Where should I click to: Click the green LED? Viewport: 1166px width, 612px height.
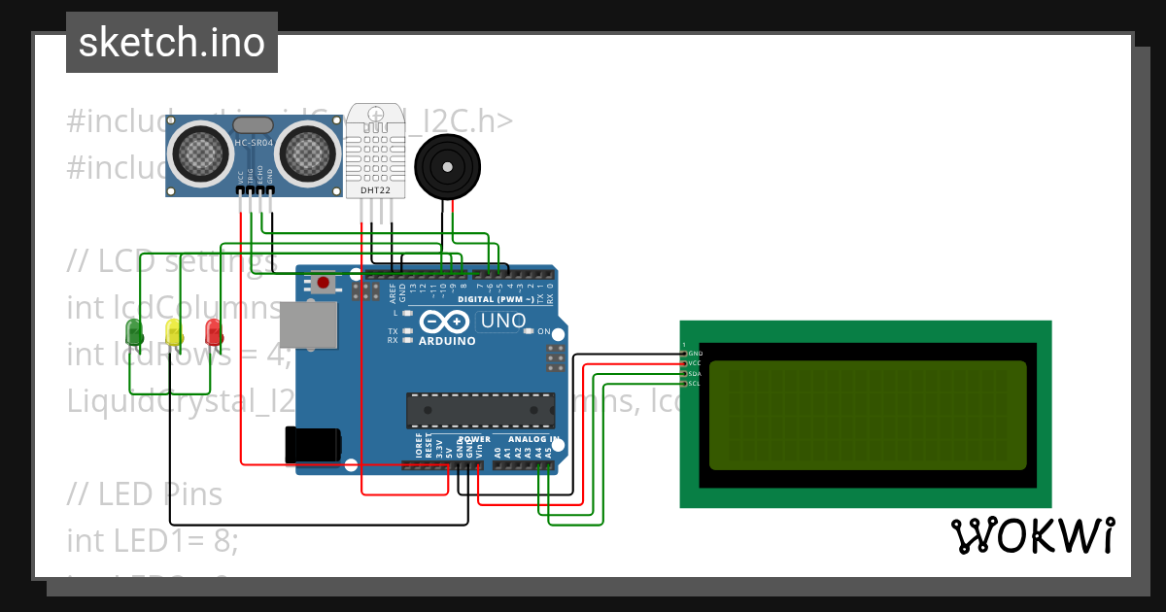134,334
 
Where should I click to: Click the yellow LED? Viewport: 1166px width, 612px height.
174,333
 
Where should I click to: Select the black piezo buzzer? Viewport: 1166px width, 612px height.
446,168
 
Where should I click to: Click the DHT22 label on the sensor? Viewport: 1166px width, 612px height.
376,190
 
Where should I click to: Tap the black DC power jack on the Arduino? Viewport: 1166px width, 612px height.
312,445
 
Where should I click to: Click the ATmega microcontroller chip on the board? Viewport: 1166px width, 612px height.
480,410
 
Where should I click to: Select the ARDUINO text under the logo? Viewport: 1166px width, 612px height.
448,341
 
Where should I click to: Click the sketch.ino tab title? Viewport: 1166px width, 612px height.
172,43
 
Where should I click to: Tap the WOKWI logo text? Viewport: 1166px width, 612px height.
1032,535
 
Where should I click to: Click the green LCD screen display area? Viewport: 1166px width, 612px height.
868,416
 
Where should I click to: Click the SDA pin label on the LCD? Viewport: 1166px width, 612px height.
695,374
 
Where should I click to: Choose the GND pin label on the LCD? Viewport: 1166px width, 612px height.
695,353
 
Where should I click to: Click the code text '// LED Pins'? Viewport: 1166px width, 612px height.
145,494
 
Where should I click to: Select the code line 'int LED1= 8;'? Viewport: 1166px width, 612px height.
153,540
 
